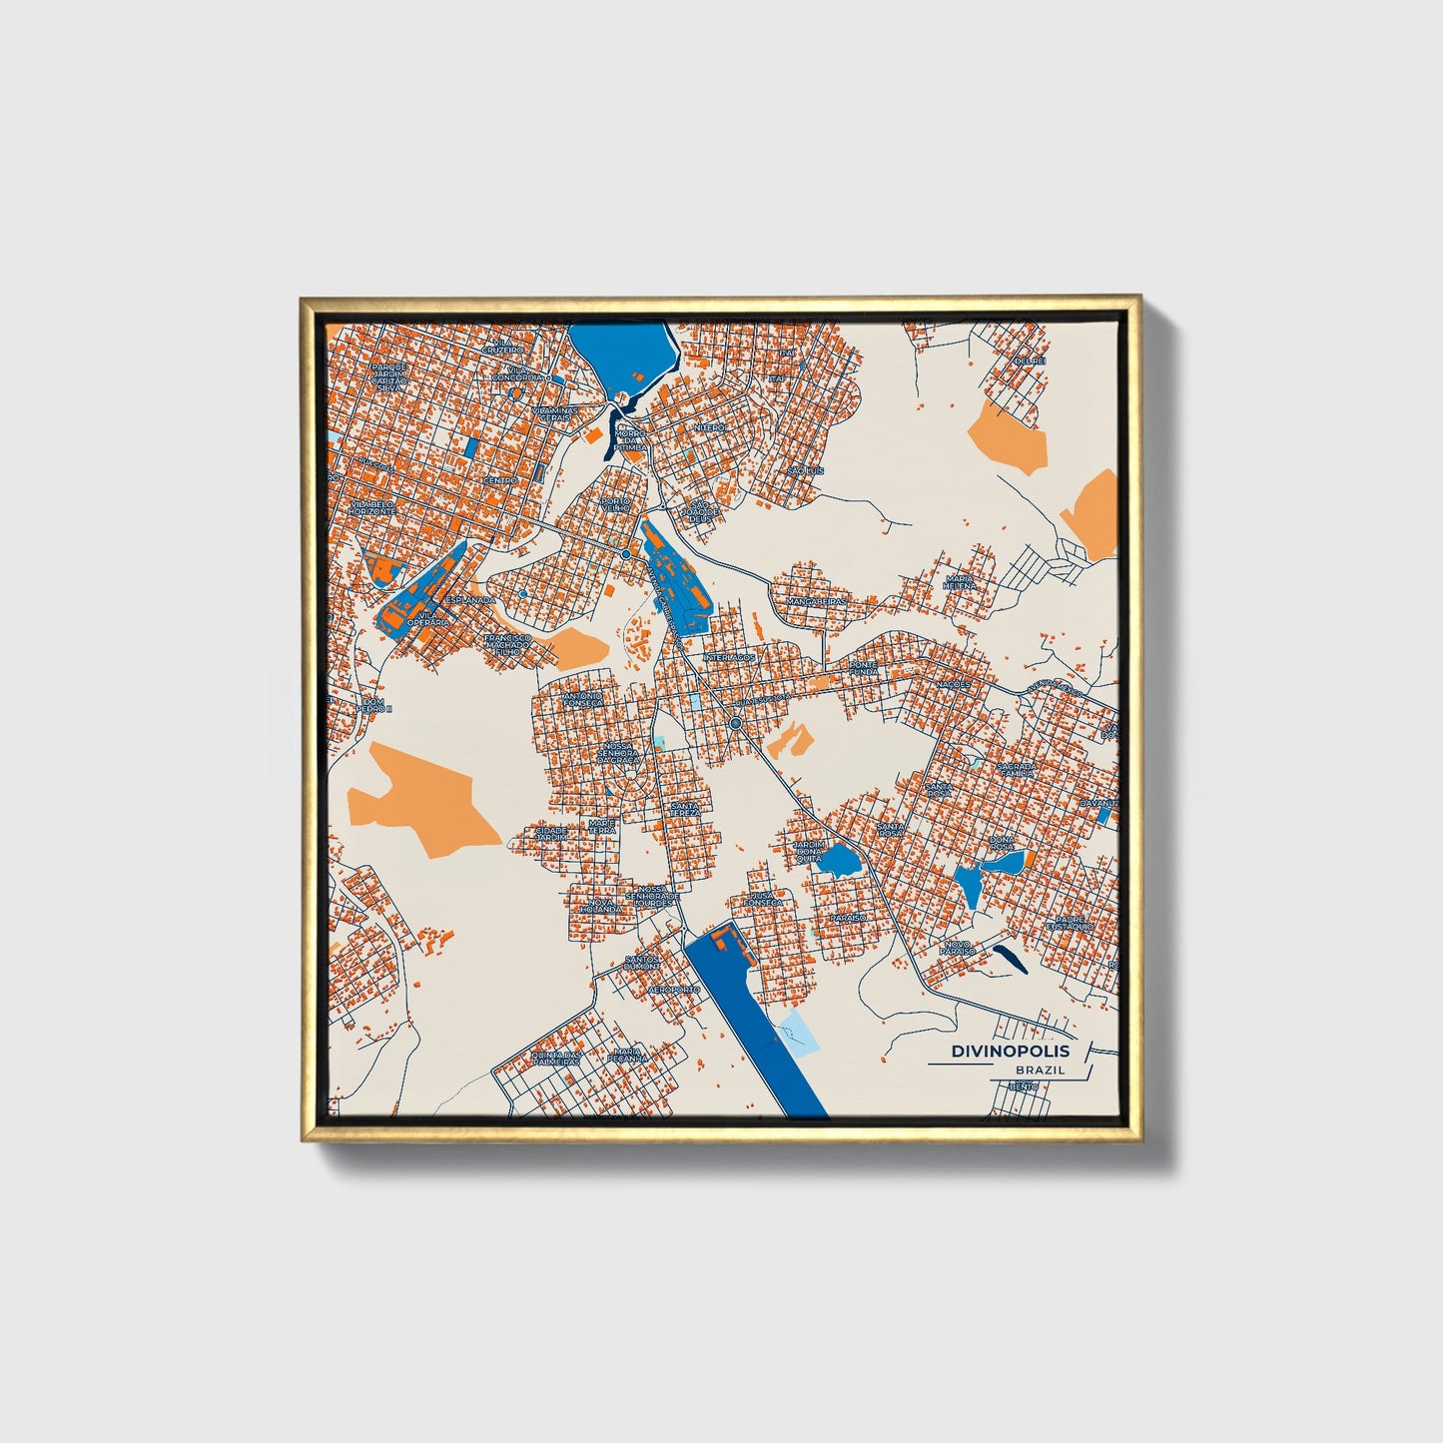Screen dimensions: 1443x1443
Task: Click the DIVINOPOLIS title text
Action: point(1010,1052)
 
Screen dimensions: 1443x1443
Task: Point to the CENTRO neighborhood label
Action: point(500,480)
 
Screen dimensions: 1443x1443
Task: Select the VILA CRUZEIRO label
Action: point(502,347)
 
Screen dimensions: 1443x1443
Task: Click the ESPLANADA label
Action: point(469,599)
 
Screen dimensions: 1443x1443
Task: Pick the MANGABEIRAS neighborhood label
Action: point(816,602)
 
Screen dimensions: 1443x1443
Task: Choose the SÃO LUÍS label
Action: point(805,469)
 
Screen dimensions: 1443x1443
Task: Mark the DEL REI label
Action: point(1029,361)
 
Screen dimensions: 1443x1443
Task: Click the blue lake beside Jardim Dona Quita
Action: point(836,860)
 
